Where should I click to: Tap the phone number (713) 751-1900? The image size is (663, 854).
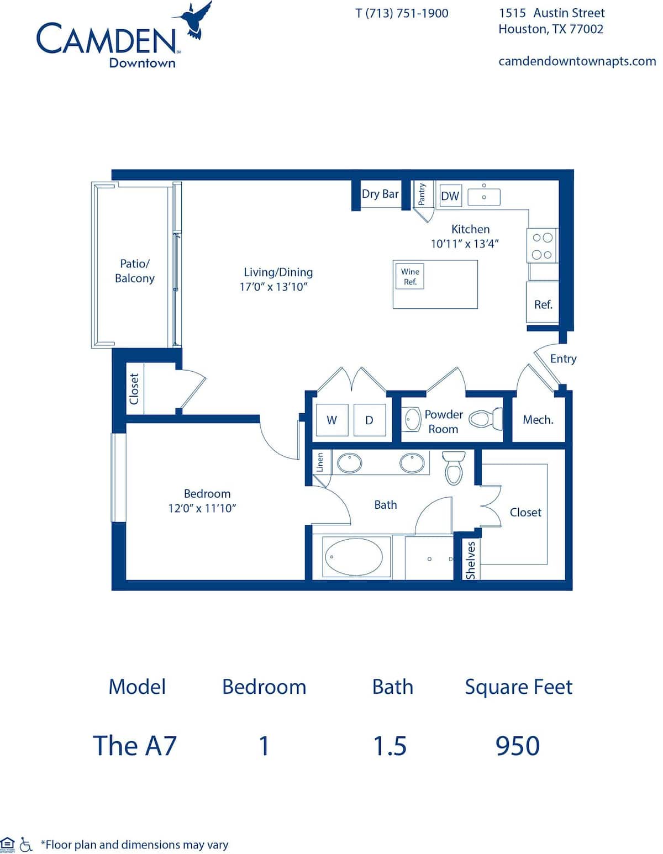coord(402,13)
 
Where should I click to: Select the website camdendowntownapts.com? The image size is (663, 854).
coord(577,61)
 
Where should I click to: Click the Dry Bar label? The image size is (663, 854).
coord(380,194)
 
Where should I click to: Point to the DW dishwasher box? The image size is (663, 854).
coord(450,196)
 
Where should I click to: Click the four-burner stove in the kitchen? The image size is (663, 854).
coord(542,246)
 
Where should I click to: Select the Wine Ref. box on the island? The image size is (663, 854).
coord(410,276)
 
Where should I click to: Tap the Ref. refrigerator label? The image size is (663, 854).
coord(543,304)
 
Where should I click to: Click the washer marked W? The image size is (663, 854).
coord(331,420)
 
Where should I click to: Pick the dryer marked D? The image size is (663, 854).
coord(369,420)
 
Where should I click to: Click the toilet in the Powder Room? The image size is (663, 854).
coord(485,419)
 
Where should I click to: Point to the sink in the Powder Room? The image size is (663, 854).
coord(412,419)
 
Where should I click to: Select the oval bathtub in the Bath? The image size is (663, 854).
coord(354,557)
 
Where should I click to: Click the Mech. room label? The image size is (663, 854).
coord(538,420)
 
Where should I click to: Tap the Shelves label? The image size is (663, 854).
coord(471,560)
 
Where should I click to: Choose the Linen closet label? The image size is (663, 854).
coord(319,463)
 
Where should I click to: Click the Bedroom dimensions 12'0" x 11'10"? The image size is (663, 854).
coord(202,508)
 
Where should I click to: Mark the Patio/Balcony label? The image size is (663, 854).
coord(135,271)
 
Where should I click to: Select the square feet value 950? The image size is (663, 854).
coord(518,746)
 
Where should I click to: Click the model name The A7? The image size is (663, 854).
coord(135,746)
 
